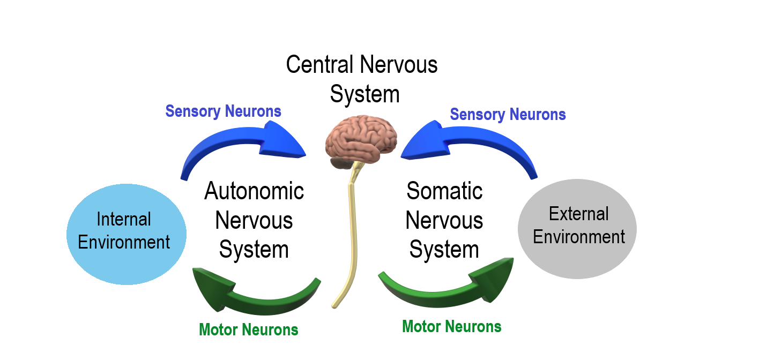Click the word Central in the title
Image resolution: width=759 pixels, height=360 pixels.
[x=319, y=65]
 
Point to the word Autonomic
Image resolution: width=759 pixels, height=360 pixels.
[x=254, y=191]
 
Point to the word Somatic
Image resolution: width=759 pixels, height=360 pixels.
[x=444, y=191]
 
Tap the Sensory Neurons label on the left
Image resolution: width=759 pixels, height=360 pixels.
[x=223, y=111]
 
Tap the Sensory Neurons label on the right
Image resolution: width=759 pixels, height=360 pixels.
[x=508, y=115]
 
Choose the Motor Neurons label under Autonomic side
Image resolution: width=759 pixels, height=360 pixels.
[x=248, y=329]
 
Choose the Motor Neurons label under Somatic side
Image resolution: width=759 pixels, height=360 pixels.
[x=451, y=326]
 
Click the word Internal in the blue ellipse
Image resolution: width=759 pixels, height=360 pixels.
[x=124, y=219]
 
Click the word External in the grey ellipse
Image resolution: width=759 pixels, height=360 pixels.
[x=579, y=214]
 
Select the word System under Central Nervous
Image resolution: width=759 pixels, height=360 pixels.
[x=364, y=94]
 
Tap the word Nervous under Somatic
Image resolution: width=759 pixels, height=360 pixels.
[x=444, y=221]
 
